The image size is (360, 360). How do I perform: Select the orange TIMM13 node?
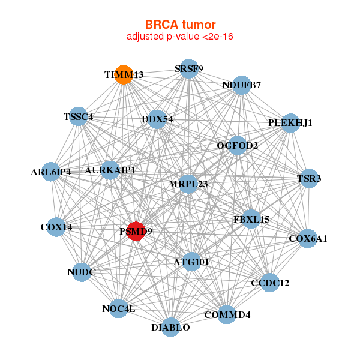(124, 75)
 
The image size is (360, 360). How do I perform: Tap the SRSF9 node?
(189, 68)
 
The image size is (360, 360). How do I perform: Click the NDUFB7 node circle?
(241, 85)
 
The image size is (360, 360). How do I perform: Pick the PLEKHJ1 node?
(290, 123)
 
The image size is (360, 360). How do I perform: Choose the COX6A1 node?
(308, 238)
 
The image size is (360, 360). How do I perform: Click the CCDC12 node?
(270, 282)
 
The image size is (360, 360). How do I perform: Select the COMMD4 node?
(227, 314)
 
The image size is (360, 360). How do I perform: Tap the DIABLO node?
(171, 327)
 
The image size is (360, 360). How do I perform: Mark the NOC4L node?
(119, 308)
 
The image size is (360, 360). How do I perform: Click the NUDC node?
(82, 272)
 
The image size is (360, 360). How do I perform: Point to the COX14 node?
(56, 227)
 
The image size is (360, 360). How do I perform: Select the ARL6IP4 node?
(51, 172)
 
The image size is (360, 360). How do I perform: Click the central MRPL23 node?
(188, 184)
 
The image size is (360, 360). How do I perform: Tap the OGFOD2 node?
(238, 145)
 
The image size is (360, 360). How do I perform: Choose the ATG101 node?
(191, 262)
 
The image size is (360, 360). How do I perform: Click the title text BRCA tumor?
(180, 25)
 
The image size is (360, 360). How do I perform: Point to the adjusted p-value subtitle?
(180, 37)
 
